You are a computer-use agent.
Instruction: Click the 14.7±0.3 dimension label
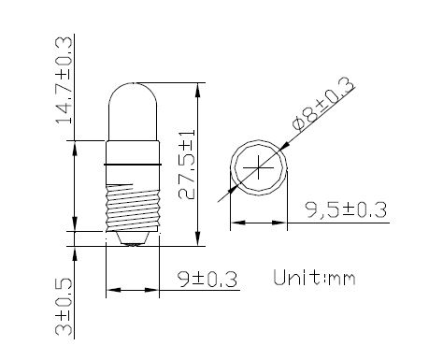(x=64, y=80)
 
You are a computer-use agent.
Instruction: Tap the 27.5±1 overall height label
(x=187, y=165)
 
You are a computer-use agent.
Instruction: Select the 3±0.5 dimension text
(x=64, y=307)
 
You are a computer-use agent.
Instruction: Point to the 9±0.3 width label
(x=207, y=279)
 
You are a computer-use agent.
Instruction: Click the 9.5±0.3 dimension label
(x=346, y=209)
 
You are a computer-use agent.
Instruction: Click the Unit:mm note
(x=314, y=278)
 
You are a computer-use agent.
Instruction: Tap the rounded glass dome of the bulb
(x=133, y=111)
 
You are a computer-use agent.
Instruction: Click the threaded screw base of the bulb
(x=133, y=208)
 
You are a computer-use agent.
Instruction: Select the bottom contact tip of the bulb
(x=133, y=239)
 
